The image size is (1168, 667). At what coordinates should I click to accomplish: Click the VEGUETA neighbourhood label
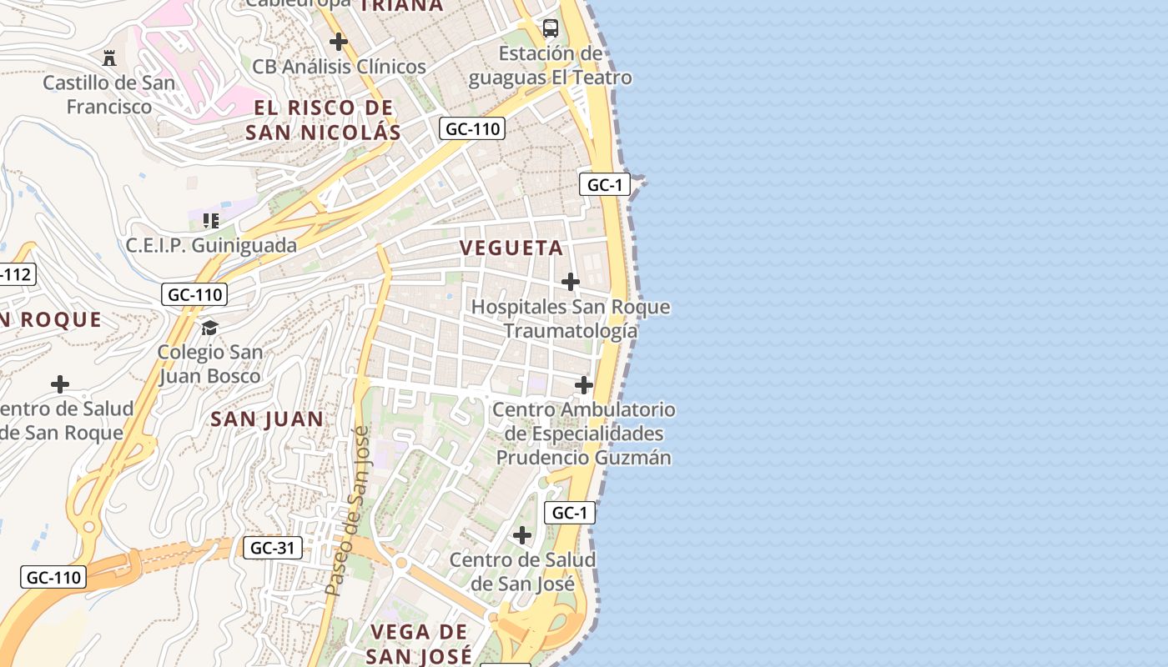(511, 248)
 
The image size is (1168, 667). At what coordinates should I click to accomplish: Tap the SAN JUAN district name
(267, 419)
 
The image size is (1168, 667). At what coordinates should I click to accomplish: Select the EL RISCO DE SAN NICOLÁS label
(324, 119)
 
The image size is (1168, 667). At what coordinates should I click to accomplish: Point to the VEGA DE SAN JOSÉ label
(419, 643)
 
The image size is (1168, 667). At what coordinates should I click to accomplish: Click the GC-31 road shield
(273, 548)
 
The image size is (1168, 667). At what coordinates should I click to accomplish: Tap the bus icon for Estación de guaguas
(551, 28)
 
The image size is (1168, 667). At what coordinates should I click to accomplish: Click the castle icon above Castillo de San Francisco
(109, 58)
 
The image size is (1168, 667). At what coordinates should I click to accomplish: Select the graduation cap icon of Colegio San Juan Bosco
(209, 328)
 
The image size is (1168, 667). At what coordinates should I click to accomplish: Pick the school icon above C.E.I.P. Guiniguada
(211, 221)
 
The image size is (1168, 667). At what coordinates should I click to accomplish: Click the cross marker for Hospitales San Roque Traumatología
(571, 282)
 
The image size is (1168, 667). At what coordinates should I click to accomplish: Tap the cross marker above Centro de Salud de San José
(522, 534)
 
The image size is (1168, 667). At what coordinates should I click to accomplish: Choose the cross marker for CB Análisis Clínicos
(338, 41)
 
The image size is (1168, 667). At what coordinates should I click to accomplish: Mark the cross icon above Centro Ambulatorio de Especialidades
(584, 384)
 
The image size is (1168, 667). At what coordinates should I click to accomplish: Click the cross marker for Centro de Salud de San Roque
(60, 384)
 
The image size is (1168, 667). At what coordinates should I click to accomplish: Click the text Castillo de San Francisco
(109, 94)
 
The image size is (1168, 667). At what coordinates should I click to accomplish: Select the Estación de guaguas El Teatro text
(550, 66)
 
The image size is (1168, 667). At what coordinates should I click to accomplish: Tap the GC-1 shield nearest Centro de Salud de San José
(570, 513)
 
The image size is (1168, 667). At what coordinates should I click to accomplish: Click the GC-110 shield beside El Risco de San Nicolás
(471, 128)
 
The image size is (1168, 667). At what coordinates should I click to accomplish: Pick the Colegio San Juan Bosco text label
(209, 364)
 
